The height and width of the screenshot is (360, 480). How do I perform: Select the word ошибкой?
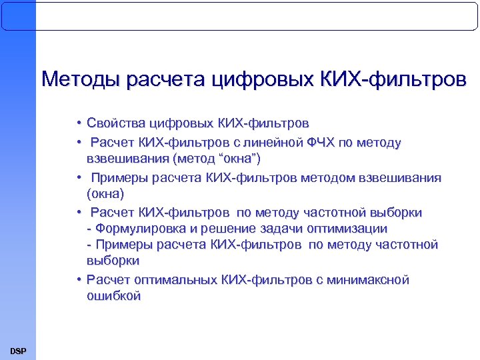(x=113, y=297)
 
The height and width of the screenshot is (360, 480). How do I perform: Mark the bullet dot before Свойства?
(x=79, y=125)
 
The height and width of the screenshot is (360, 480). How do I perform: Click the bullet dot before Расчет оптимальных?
(x=79, y=281)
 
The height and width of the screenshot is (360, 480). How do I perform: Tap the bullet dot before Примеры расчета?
(x=79, y=178)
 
